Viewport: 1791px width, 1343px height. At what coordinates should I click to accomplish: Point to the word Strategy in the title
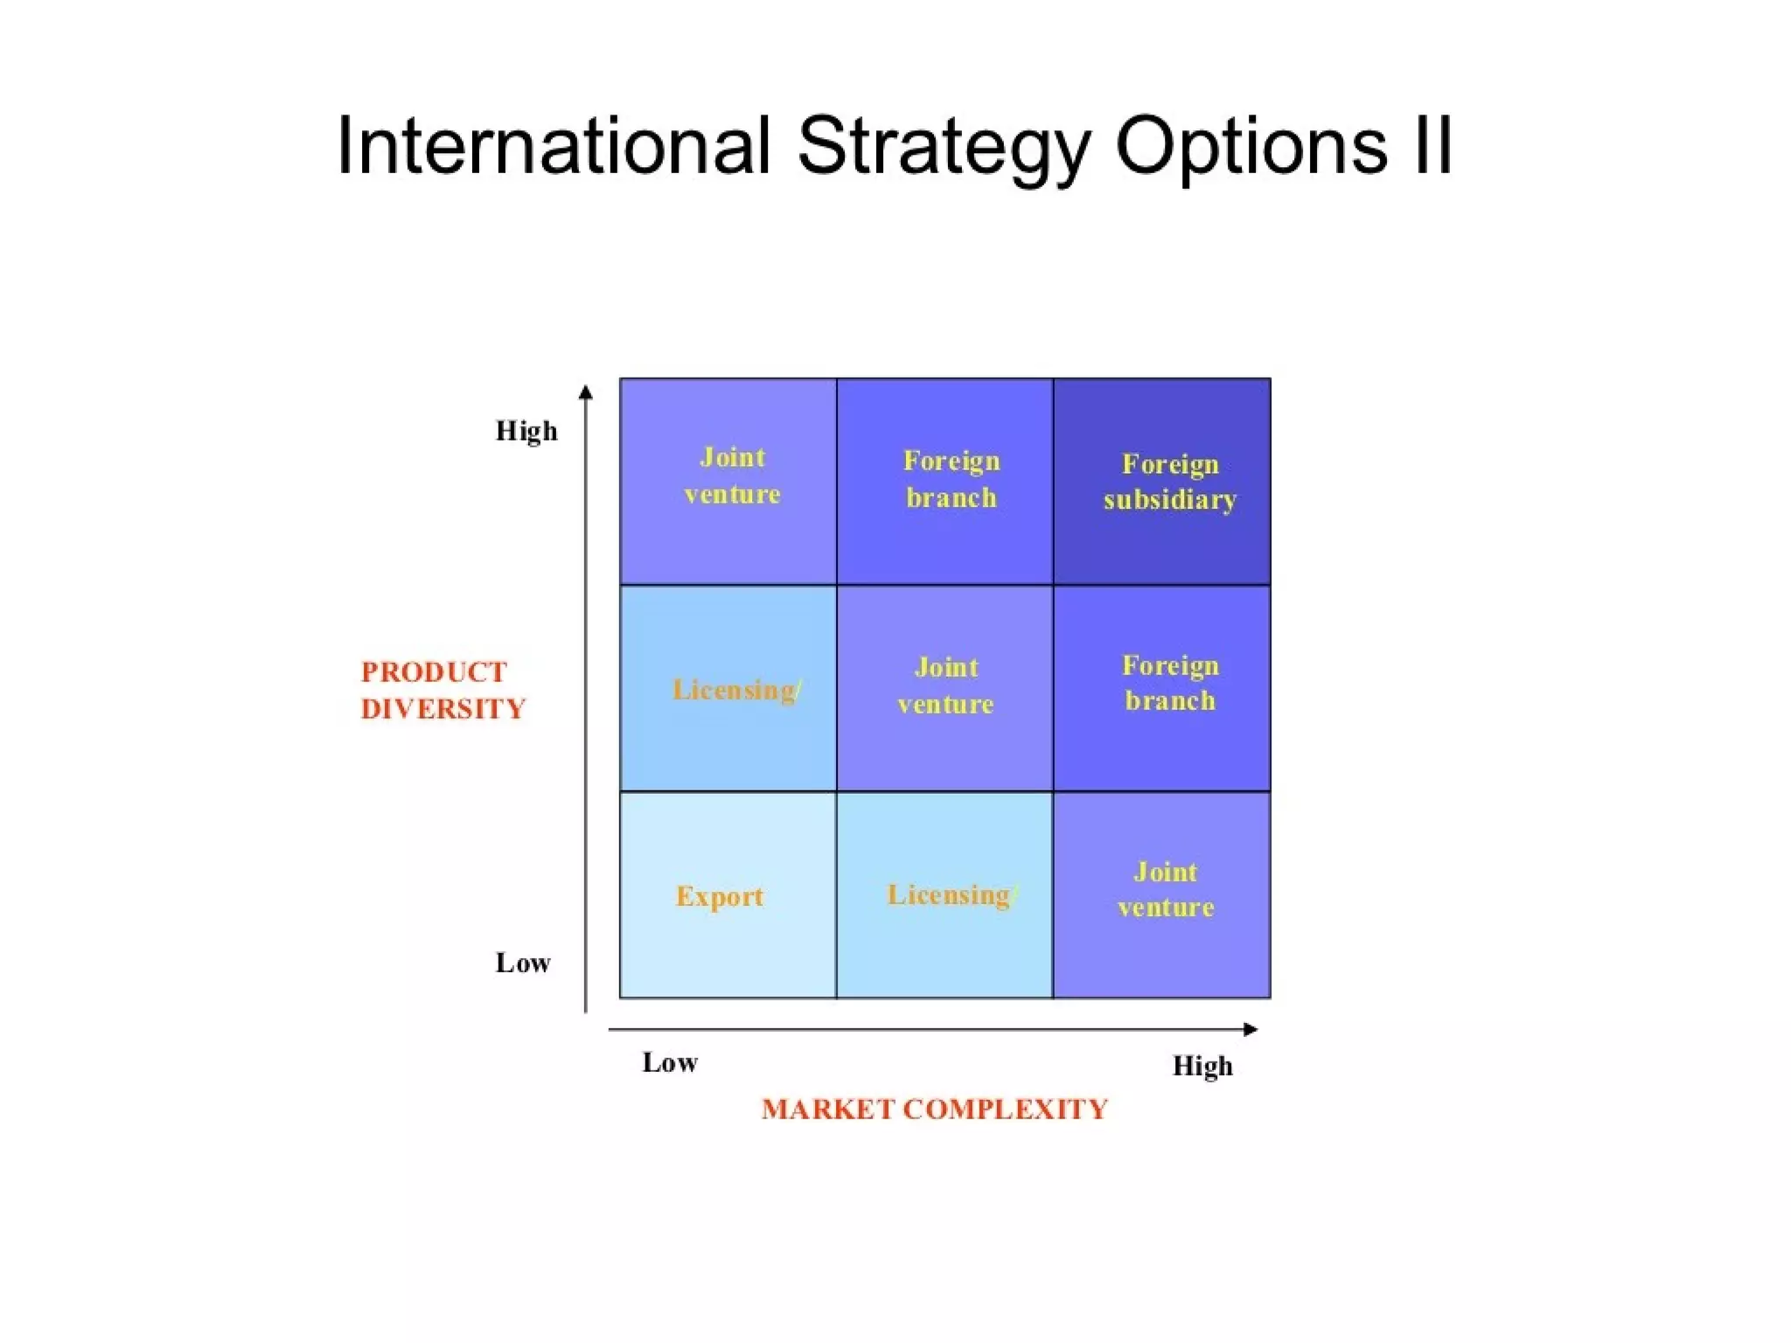[x=944, y=147]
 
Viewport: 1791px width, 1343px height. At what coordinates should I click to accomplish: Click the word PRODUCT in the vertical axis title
[x=434, y=672]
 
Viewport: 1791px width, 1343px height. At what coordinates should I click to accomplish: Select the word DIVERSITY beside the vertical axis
[x=443, y=709]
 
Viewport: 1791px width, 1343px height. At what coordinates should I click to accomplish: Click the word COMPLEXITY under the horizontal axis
[x=1005, y=1110]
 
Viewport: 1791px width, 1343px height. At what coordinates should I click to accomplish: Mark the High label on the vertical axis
[x=526, y=431]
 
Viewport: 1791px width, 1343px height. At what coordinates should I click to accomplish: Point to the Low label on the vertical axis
[x=523, y=963]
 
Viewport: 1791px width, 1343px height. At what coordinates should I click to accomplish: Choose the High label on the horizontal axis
[x=1202, y=1066]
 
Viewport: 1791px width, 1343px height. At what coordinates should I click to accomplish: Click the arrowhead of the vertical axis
[x=586, y=392]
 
